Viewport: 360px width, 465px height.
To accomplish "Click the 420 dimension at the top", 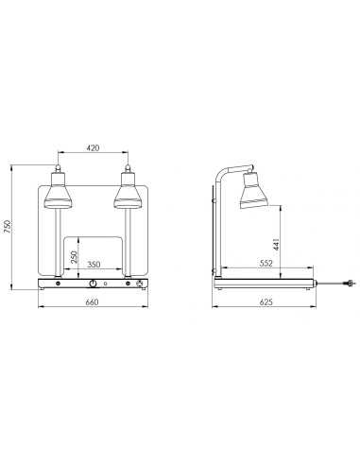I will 92,147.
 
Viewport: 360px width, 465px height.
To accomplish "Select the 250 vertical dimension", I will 73,256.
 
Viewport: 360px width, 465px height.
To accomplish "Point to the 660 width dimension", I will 92,302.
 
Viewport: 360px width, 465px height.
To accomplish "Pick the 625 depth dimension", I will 266,302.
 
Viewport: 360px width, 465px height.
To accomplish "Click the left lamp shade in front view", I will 57,197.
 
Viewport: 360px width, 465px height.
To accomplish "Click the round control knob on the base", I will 93,284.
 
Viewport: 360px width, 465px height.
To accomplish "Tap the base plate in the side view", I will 266,283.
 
